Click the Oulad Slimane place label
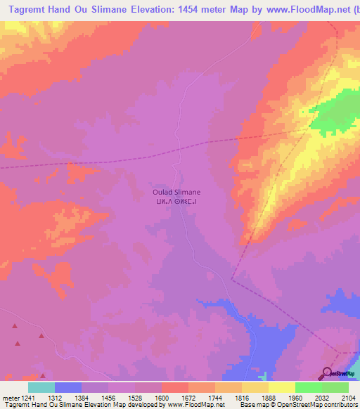point(176,192)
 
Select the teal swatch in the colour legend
point(41,387)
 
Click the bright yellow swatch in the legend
point(281,387)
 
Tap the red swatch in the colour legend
point(174,387)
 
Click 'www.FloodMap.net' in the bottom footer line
point(195,405)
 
